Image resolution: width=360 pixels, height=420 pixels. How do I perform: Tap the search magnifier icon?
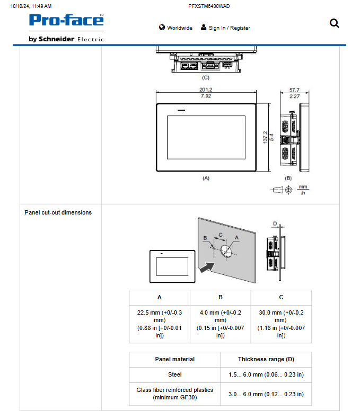click(334, 23)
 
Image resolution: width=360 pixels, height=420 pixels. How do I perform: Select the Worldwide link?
click(175, 28)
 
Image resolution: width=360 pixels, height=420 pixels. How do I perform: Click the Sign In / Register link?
click(225, 28)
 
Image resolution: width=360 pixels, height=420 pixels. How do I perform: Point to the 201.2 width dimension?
click(206, 90)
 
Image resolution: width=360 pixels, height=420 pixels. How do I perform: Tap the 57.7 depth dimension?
click(294, 90)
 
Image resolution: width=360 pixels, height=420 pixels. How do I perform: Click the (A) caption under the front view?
click(206, 178)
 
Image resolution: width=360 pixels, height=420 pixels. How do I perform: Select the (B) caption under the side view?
click(288, 178)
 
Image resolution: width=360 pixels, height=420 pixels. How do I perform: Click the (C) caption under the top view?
click(206, 77)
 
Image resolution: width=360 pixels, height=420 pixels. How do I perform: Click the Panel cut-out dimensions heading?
click(58, 212)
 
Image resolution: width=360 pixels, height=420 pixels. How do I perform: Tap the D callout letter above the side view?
click(274, 224)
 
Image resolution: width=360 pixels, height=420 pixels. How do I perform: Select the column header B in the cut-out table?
click(220, 298)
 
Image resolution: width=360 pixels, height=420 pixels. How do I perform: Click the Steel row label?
click(174, 375)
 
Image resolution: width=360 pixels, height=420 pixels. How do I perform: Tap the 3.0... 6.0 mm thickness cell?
click(266, 394)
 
